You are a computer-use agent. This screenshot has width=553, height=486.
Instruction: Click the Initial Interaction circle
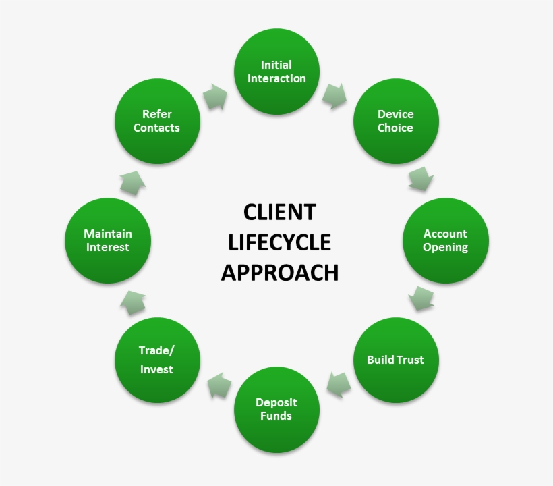[276, 72]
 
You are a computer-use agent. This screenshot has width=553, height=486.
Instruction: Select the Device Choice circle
[396, 121]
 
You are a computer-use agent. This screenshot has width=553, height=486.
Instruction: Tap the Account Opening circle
[445, 240]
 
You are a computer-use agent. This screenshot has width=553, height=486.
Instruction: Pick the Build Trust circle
[396, 360]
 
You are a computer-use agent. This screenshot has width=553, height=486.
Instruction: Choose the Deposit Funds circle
[276, 409]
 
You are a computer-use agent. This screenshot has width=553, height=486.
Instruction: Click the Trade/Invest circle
[157, 360]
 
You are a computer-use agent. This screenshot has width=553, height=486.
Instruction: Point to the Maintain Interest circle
[108, 240]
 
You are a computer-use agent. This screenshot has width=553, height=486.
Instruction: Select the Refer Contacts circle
[157, 121]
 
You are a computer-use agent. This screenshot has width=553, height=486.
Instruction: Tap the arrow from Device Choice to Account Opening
[421, 180]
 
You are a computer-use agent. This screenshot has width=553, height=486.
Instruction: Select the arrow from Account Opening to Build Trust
[421, 298]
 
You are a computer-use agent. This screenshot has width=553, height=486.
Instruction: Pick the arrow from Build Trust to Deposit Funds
[338, 385]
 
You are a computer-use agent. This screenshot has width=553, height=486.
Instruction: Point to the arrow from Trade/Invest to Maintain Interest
[132, 302]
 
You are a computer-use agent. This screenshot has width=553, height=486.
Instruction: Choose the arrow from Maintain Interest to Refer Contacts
[132, 182]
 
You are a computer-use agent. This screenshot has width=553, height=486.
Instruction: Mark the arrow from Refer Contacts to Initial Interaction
[215, 97]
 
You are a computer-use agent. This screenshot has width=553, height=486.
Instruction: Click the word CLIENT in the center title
[279, 212]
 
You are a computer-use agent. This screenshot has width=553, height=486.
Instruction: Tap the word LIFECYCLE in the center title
[279, 242]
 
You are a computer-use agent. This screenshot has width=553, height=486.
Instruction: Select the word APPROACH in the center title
[279, 272]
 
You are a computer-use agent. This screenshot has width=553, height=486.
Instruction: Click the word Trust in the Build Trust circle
[410, 360]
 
